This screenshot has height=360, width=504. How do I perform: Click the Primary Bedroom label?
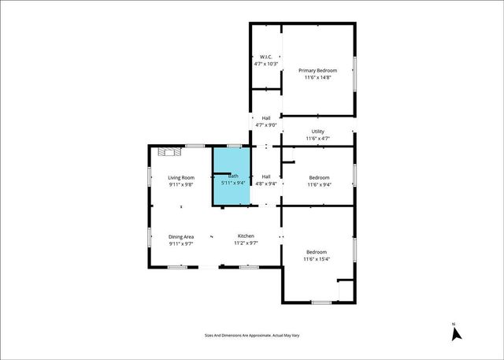tap(317, 70)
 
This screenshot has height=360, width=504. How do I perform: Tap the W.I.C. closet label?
tap(266, 57)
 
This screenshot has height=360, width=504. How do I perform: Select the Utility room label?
tap(317, 132)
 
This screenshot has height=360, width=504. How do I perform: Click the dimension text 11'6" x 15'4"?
tap(317, 259)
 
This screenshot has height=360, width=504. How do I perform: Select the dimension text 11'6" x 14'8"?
tap(317, 78)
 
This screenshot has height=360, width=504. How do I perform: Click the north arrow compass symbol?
tap(455, 333)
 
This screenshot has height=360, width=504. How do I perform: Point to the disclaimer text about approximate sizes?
tap(252, 336)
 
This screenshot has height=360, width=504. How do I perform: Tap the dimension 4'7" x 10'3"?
tap(266, 64)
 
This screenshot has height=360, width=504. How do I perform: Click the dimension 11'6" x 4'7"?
tap(317, 139)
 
